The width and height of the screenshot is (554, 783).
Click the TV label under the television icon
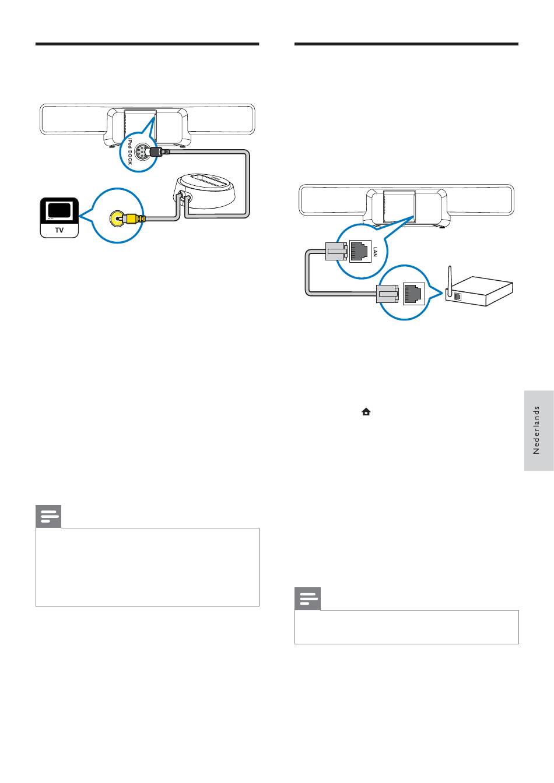click(59, 230)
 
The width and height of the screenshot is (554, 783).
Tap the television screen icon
click(59, 211)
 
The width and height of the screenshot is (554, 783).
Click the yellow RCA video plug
click(132, 219)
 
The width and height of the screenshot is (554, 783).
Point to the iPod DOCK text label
click(129, 151)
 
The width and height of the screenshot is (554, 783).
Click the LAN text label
click(375, 252)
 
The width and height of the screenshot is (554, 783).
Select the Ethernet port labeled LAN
click(360, 251)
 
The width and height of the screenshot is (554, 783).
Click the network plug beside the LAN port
click(336, 251)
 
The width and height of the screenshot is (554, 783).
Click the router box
click(479, 291)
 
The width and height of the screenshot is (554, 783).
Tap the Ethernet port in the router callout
click(413, 294)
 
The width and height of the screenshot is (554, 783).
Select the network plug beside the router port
click(387, 294)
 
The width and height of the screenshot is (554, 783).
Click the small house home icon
click(366, 412)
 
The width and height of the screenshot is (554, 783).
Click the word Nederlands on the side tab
click(536, 431)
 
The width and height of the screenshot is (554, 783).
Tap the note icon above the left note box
click(48, 516)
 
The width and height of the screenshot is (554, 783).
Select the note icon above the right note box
click(308, 599)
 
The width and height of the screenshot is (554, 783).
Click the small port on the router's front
click(457, 297)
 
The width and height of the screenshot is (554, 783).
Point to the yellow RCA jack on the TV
click(116, 219)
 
